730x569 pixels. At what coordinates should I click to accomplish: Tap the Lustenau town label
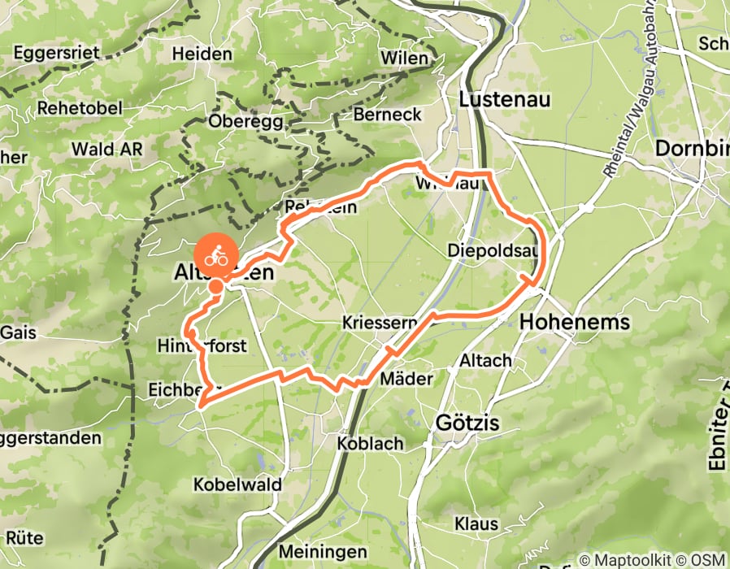[505, 99]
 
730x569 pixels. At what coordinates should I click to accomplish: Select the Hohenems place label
[574, 322]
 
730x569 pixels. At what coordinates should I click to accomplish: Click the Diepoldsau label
[493, 251]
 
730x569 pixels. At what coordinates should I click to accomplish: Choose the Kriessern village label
[380, 322]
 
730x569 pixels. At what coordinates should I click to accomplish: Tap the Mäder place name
[406, 380]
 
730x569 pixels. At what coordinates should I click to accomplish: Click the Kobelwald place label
[237, 484]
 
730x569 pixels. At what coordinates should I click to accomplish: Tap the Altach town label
[485, 359]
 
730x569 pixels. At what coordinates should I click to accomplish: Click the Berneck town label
[387, 115]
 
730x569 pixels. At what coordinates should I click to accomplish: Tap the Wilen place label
[404, 59]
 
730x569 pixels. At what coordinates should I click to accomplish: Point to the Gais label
[18, 332]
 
